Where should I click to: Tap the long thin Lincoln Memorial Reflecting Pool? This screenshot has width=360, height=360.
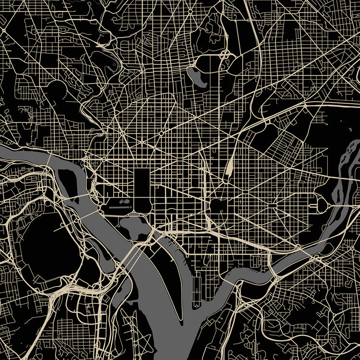[117, 207]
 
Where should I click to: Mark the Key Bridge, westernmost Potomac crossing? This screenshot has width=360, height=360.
[50, 156]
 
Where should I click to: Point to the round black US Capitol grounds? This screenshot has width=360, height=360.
[216, 206]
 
